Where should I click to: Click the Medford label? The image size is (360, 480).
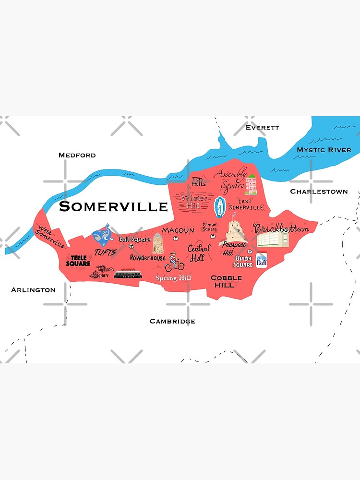click(77, 155)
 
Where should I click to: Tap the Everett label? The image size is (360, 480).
click(262, 128)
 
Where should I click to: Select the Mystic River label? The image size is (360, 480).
click(324, 150)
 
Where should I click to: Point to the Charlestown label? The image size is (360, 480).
click(319, 192)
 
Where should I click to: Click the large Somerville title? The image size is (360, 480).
click(113, 207)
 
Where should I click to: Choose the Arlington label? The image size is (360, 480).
click(33, 290)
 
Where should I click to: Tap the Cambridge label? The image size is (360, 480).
click(172, 321)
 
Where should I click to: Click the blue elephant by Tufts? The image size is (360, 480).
click(103, 236)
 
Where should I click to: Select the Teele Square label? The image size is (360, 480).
click(77, 260)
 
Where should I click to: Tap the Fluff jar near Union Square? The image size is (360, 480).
click(261, 261)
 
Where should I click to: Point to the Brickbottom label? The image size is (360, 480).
click(281, 228)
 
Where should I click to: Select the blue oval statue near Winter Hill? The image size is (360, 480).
click(219, 207)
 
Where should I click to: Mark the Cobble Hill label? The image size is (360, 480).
click(226, 281)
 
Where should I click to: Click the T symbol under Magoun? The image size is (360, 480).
click(176, 238)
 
